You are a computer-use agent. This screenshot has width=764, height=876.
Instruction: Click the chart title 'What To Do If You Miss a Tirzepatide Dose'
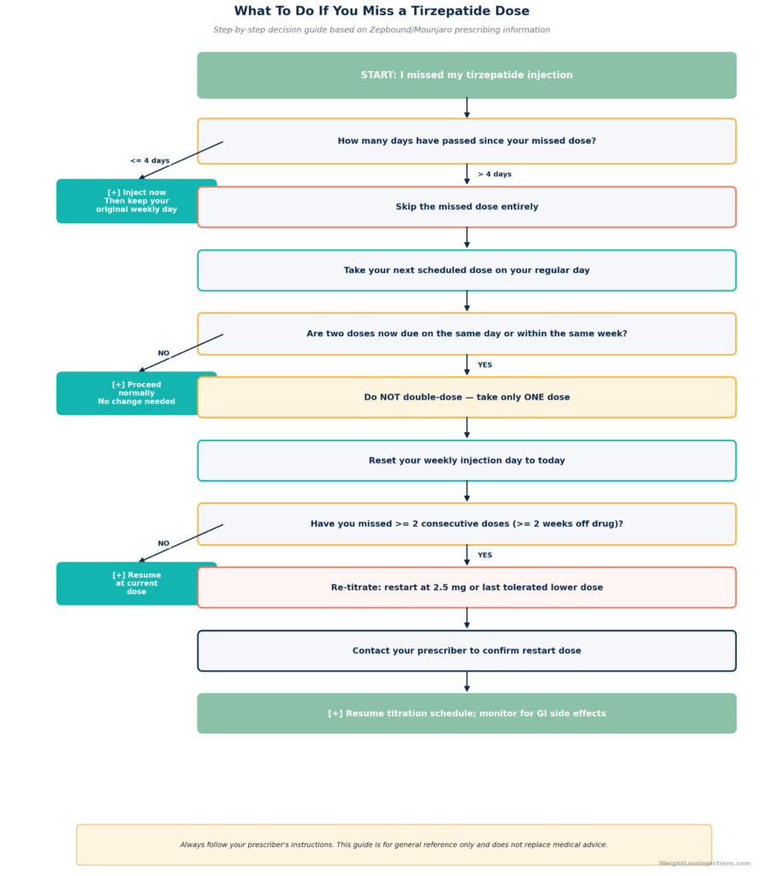pos(382,11)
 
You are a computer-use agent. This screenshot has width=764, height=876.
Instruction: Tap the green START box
pos(466,75)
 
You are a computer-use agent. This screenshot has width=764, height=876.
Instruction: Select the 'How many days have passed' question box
pos(466,141)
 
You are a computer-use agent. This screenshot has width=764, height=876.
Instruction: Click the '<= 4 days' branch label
pos(150,160)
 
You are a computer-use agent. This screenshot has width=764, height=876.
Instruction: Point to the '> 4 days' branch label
pos(495,175)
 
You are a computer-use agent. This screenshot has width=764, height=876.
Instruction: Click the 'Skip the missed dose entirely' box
pos(466,207)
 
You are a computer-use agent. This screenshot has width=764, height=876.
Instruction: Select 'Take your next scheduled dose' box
pos(466,270)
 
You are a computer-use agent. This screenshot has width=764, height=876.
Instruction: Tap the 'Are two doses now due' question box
pos(466,334)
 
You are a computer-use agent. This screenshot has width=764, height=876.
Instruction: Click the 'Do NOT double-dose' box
pos(466,397)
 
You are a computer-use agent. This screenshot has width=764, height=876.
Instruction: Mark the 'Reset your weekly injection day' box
pos(466,461)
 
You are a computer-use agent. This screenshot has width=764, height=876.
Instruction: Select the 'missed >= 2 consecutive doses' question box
pos(466,524)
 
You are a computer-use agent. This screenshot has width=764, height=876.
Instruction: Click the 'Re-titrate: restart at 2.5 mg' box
pos(466,588)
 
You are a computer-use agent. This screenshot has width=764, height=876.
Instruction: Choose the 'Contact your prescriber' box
pos(466,651)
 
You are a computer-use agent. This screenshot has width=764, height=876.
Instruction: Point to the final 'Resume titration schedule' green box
pos(466,713)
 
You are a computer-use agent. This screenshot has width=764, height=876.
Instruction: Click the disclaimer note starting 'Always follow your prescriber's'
pos(394,844)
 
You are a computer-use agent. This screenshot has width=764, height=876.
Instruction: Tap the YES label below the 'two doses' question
pos(484,364)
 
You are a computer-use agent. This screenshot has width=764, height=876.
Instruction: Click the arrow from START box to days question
pos(466,108)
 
